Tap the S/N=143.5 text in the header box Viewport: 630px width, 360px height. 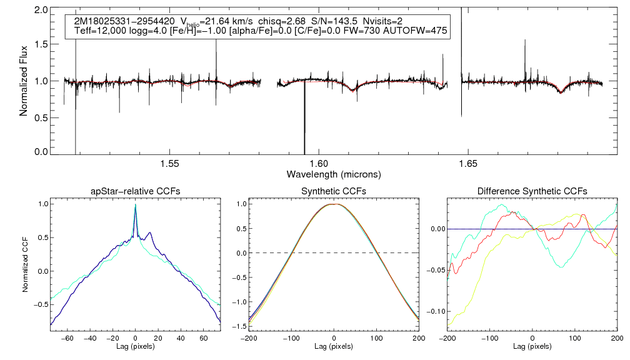point(336,21)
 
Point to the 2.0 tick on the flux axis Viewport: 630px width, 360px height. point(42,11)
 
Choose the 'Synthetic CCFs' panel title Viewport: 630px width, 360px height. point(334,191)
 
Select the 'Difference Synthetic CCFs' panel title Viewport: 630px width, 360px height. point(532,191)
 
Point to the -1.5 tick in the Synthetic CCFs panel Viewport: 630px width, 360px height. point(238,327)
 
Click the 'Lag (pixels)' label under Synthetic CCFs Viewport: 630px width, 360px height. point(334,346)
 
